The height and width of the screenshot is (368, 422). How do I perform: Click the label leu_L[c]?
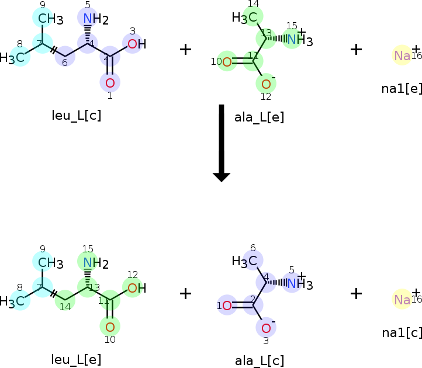point(77,115)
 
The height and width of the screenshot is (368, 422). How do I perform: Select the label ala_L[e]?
point(259,117)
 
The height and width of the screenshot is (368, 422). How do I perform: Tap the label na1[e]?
point(402,89)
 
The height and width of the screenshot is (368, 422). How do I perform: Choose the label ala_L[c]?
point(259,360)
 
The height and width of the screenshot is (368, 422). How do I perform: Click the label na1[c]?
point(402,332)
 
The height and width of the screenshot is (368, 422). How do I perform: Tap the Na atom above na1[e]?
point(402,55)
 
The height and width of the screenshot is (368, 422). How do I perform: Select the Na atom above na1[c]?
point(402,300)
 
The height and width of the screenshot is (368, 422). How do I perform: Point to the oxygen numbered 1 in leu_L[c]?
point(110,82)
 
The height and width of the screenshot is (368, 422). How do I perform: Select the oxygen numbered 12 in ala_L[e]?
point(266,84)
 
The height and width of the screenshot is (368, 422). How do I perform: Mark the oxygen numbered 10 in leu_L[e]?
point(110,325)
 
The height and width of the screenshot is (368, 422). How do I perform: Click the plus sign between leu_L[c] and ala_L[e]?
point(185,49)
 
